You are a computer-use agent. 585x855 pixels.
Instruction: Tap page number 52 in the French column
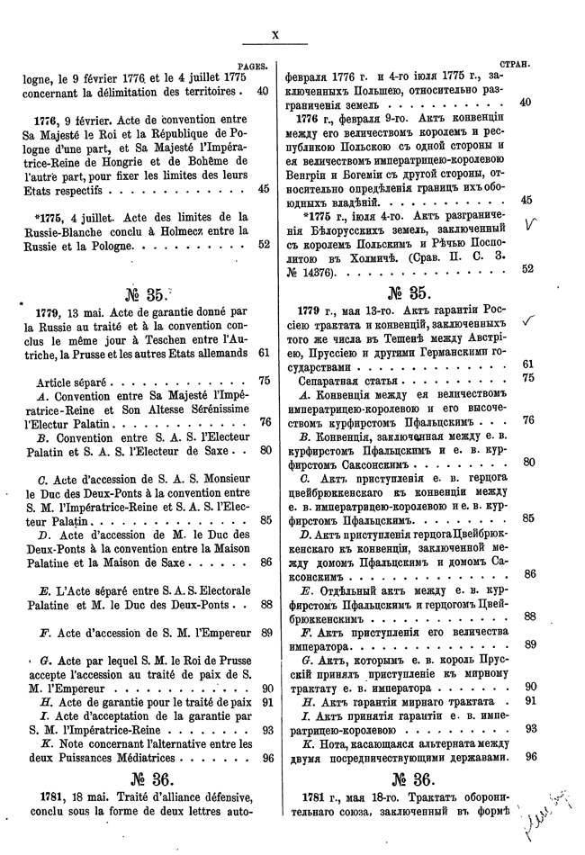tap(264, 267)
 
